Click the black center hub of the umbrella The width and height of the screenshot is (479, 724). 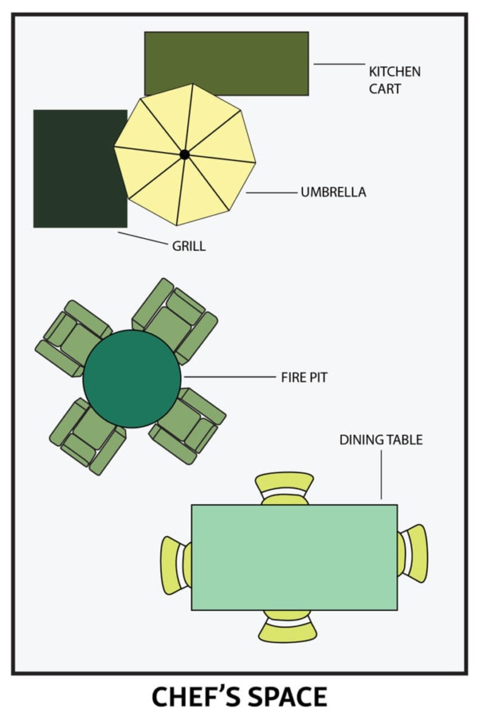pos(185,155)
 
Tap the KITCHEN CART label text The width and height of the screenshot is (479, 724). pos(395,80)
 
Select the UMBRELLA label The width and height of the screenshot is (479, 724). pos(333,192)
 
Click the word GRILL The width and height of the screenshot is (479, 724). pos(189,246)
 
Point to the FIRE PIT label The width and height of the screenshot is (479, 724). pos(304,377)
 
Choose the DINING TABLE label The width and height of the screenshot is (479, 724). pos(381,440)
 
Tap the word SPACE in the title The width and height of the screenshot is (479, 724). pos(287,697)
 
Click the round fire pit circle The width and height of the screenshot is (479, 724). pos(132,379)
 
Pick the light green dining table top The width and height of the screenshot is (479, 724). pos(294,557)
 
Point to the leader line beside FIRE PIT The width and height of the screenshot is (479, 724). pos(230,377)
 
